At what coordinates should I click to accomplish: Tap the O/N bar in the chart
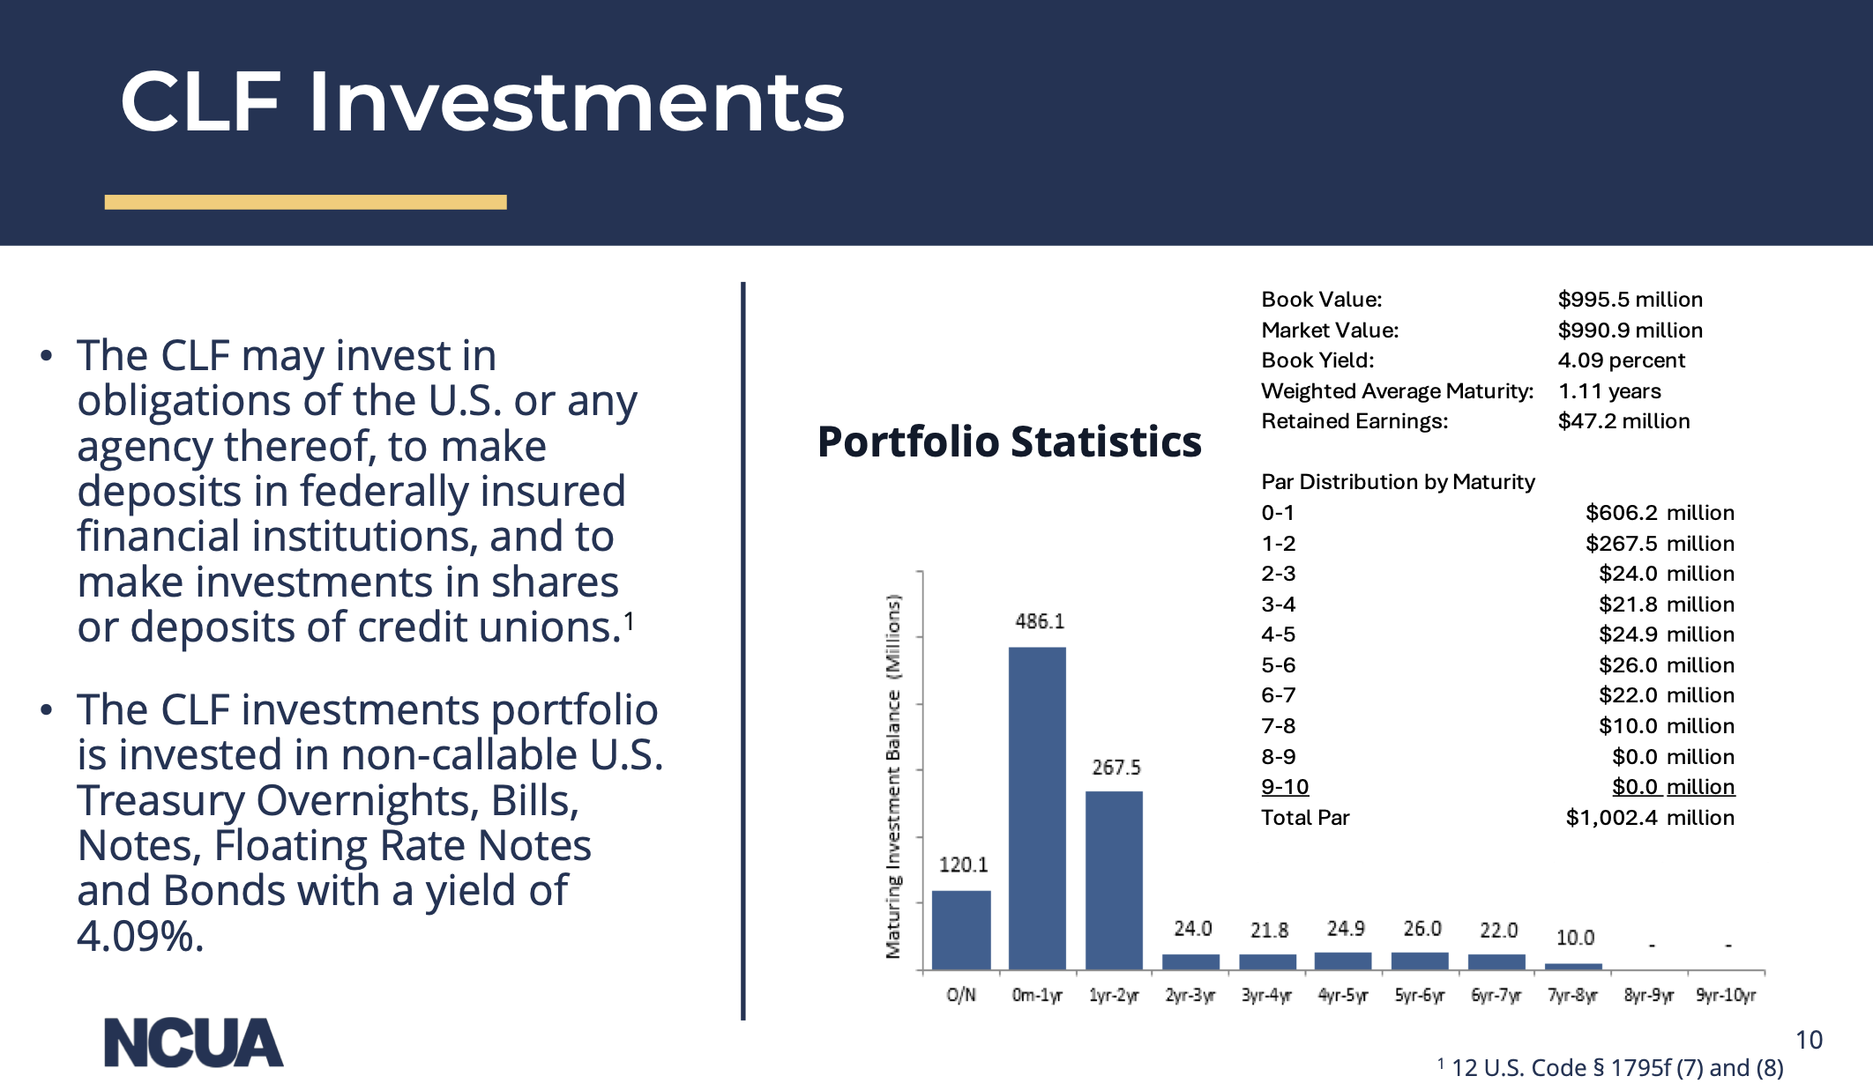[x=961, y=930]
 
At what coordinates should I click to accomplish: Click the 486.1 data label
[x=1040, y=622]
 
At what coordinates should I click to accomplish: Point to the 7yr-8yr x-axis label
[x=1572, y=996]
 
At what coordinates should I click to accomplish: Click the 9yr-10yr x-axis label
[x=1726, y=996]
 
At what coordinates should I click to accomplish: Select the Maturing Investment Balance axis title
[x=894, y=776]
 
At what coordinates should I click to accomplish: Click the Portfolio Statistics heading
[x=1009, y=442]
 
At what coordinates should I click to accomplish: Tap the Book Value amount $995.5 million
[x=1630, y=300]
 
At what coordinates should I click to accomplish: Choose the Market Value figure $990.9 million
[x=1630, y=330]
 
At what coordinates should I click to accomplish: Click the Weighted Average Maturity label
[x=1397, y=391]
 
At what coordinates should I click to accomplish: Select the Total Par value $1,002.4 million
[x=1649, y=818]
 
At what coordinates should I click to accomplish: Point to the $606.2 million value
[x=1659, y=513]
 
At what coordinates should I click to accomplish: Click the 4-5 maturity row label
[x=1278, y=635]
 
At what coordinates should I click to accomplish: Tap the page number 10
[x=1809, y=1041]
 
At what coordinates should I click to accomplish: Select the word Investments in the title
[x=576, y=102]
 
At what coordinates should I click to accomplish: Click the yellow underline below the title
[x=305, y=203]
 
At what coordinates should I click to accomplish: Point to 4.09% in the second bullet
[x=140, y=936]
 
